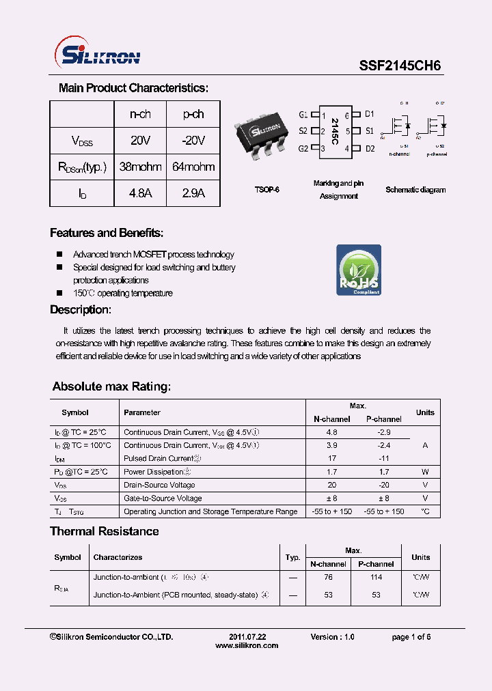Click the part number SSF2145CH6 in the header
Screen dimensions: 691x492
pyautogui.click(x=400, y=66)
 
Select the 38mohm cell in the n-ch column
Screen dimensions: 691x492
pyautogui.click(x=140, y=167)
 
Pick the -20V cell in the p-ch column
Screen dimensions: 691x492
pyautogui.click(x=193, y=141)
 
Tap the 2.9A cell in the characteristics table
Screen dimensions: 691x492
pyautogui.click(x=193, y=193)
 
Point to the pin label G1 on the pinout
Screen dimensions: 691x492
pyautogui.click(x=303, y=115)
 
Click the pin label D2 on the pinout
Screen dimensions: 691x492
pyautogui.click(x=370, y=148)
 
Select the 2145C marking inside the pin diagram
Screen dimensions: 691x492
pyautogui.click(x=335, y=132)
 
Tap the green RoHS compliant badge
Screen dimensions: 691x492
pyautogui.click(x=358, y=270)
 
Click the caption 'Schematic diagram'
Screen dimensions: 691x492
pyautogui.click(x=415, y=190)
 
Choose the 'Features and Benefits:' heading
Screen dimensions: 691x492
pyautogui.click(x=107, y=233)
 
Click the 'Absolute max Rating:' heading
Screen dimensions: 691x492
pyautogui.click(x=111, y=386)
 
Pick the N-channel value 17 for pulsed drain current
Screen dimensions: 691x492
pyautogui.click(x=331, y=458)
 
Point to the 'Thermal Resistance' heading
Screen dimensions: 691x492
pyautogui.click(x=105, y=531)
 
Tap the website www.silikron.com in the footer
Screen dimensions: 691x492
pyautogui.click(x=247, y=645)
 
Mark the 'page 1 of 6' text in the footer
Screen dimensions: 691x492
pyautogui.click(x=411, y=636)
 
